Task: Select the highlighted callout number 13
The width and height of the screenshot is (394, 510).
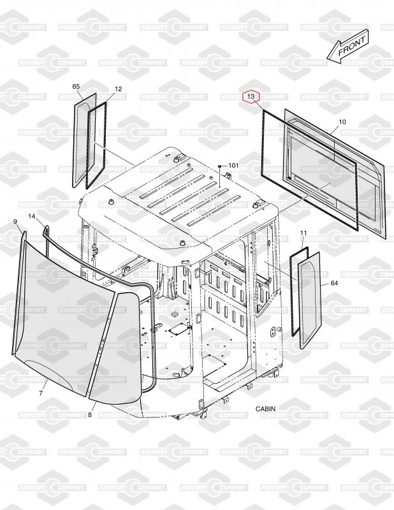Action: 251,96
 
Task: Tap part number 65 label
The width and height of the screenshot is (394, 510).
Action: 76,86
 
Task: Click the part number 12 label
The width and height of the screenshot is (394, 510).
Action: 118,89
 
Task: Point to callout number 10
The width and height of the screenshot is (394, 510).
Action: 342,122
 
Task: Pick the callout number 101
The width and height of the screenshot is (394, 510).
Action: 233,166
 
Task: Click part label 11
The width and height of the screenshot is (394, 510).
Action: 303,233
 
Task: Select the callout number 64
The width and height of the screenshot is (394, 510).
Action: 333,284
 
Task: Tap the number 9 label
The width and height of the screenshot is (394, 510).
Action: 15,221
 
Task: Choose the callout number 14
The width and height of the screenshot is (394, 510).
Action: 31,217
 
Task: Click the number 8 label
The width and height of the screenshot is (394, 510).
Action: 89,415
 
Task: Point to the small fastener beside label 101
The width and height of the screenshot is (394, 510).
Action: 219,166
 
